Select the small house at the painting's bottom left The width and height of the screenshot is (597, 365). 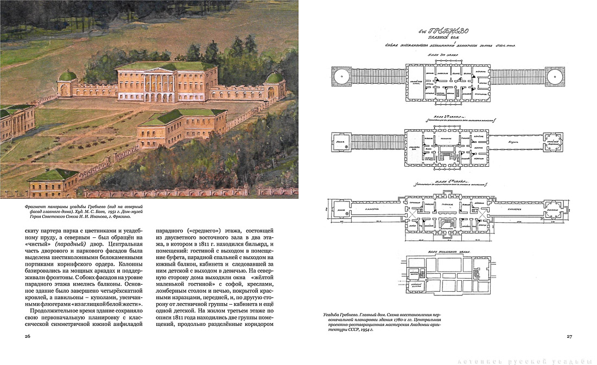[53, 182]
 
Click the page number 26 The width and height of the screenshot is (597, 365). [28, 336]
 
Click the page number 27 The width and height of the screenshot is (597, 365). [569, 336]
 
